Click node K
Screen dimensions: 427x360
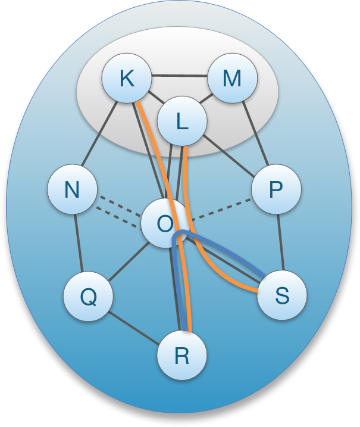tap(126, 79)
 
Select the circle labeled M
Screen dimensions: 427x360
tap(232, 79)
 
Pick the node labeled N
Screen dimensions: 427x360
tap(72, 191)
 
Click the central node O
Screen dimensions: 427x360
tap(165, 223)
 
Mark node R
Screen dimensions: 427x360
tap(181, 357)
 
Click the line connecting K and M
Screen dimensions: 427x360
tap(179, 76)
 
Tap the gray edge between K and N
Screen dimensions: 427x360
tap(99, 135)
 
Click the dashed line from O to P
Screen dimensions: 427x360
tap(220, 207)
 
